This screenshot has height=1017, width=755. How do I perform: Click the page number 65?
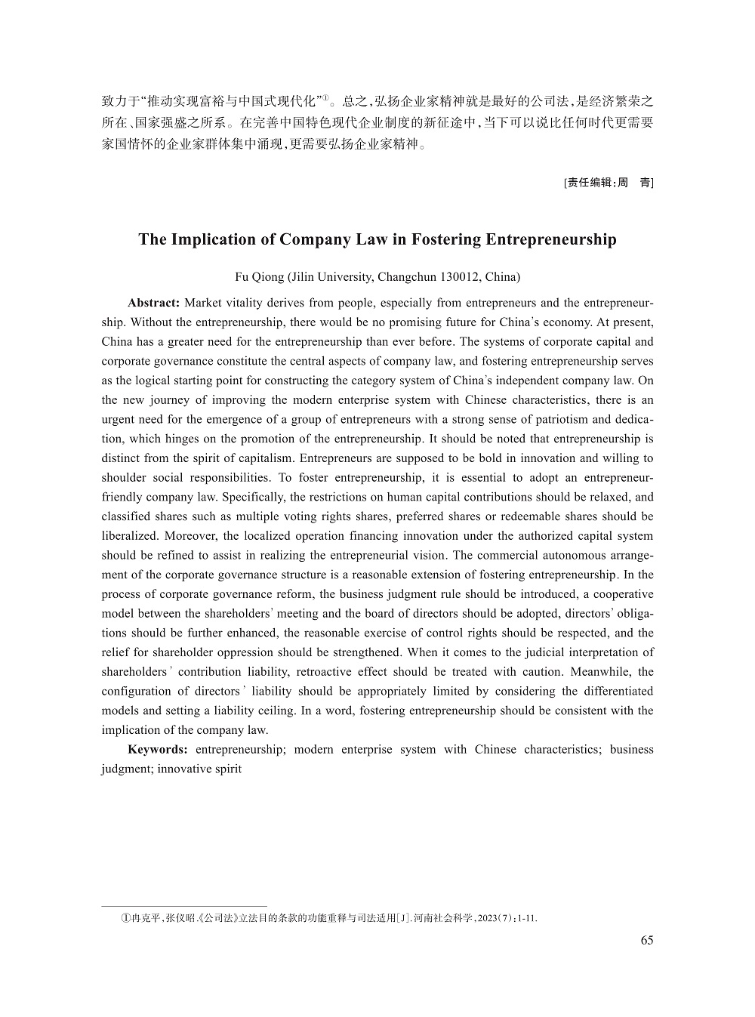[646, 940]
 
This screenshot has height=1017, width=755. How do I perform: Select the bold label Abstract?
[153, 303]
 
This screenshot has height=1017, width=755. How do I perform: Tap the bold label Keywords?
[158, 749]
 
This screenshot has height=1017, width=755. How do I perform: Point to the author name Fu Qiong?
[259, 276]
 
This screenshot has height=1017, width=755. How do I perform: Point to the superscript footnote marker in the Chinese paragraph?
[327, 97]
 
